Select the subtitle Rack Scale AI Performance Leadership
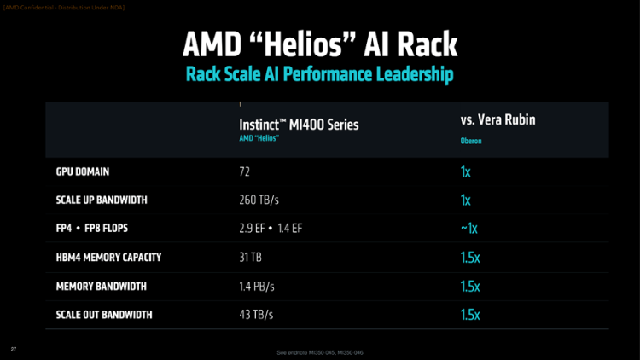319,74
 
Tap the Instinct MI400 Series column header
299,125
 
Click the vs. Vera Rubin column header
497,121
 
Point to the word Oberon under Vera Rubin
471,141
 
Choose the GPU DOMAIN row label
83,171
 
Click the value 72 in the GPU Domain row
246,171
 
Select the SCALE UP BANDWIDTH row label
102,200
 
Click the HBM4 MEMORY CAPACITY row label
108,257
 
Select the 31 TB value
251,258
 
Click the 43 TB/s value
256,315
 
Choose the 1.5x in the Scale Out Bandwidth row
470,315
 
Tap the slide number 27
14,348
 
